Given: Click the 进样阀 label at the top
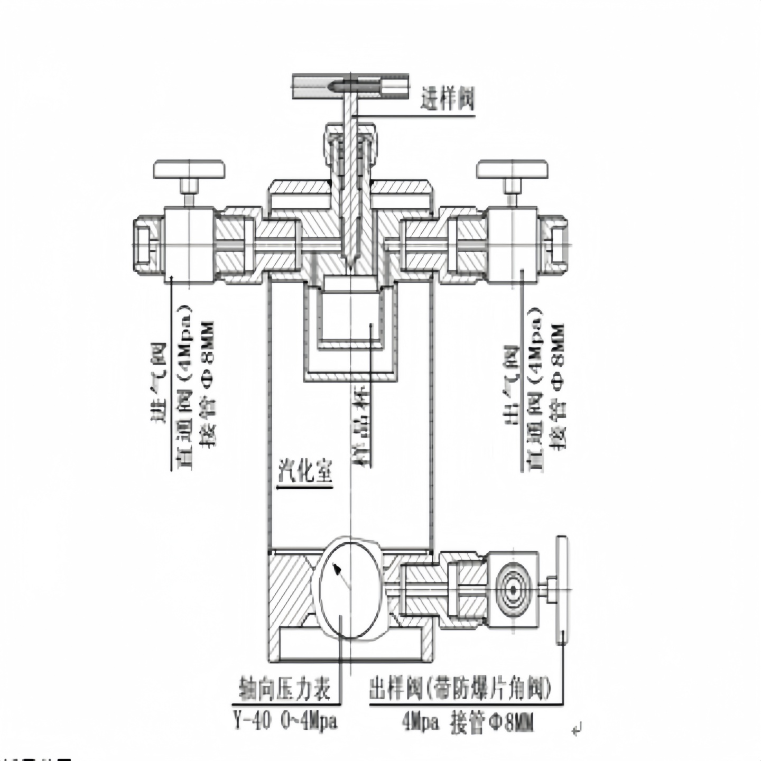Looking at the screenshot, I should click(x=448, y=99).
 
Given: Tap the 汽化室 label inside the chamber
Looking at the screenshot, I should click(x=305, y=472).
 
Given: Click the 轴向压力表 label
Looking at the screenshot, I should click(x=284, y=689).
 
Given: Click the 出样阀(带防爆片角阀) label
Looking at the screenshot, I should click(x=460, y=689).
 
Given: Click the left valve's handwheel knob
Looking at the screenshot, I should click(x=190, y=169).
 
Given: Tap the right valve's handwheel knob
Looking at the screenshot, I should click(x=512, y=169).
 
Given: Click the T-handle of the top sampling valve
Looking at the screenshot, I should click(x=351, y=86).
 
